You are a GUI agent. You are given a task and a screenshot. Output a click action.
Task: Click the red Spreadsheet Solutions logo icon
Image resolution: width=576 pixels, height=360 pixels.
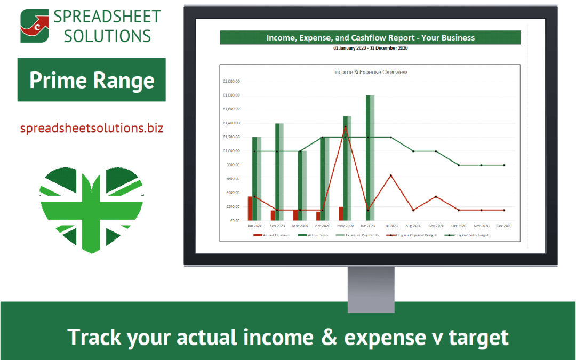pyautogui.click(x=35, y=26)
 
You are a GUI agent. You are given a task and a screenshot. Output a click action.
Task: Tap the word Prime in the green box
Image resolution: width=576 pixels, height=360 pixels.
pyautogui.click(x=58, y=80)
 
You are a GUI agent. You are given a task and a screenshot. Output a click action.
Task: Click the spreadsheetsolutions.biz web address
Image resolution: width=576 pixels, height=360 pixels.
pyautogui.click(x=92, y=128)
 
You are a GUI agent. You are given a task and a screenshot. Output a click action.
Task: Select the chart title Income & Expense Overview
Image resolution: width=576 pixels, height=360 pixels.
pyautogui.click(x=370, y=72)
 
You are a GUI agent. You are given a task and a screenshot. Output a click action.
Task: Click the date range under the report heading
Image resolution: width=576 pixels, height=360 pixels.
pyautogui.click(x=370, y=48)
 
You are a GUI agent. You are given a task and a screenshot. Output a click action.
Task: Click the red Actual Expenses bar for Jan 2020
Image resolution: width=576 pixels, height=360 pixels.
pyautogui.click(x=250, y=209)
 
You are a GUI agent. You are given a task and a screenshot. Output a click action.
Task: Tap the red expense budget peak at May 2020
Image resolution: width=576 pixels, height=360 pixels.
pyautogui.click(x=345, y=127)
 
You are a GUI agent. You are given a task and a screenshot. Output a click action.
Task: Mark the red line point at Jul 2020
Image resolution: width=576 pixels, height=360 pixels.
pyautogui.click(x=391, y=175)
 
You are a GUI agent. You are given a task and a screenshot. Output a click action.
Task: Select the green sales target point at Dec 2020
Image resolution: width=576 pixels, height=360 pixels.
pyautogui.click(x=504, y=165)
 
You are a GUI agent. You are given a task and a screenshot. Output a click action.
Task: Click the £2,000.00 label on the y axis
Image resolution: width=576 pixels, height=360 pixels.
pyautogui.click(x=231, y=82)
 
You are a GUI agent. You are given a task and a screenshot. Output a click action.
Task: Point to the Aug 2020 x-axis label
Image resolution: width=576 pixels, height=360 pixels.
pyautogui.click(x=413, y=226)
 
